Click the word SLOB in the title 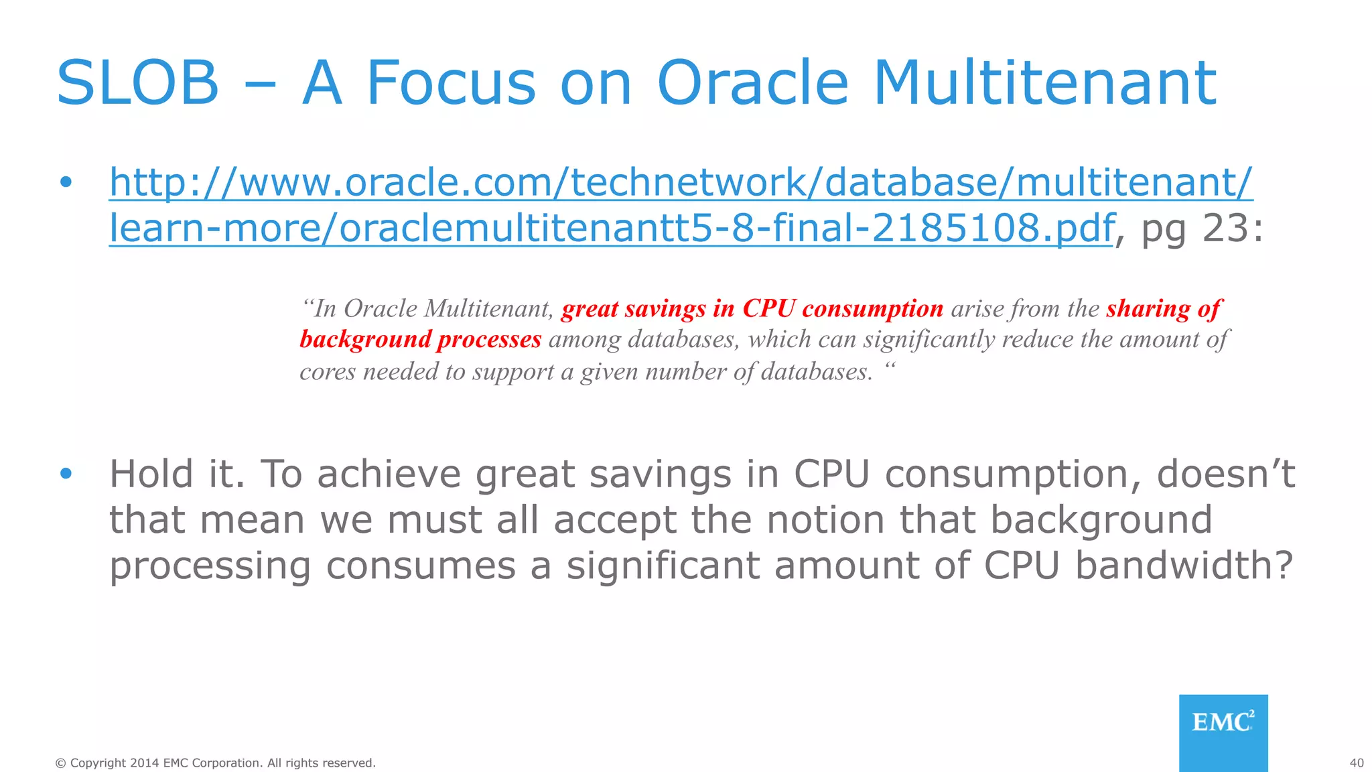(138, 83)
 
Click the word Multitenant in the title (1044, 83)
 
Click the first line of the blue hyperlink (681, 182)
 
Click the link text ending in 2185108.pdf (610, 228)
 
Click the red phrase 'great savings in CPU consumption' (752, 309)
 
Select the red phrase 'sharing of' (1164, 309)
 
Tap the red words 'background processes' (420, 340)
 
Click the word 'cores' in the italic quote (327, 372)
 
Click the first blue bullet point (65, 182)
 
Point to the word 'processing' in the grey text (210, 567)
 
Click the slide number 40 (1356, 763)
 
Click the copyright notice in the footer (215, 763)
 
